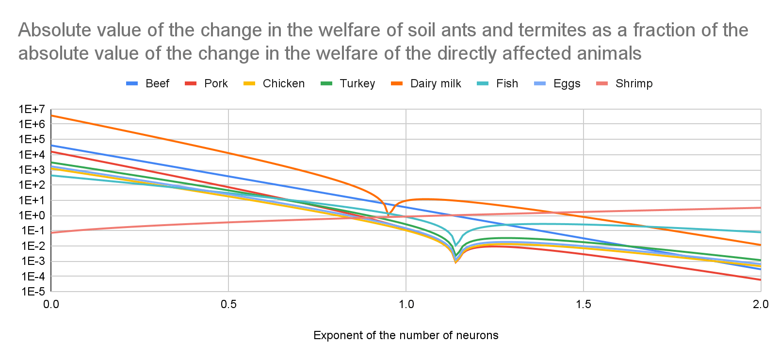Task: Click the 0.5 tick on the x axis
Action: coord(228,304)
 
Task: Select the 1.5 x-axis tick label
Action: coord(584,304)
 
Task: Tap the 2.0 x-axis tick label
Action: coord(761,304)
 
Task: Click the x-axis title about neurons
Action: coord(406,335)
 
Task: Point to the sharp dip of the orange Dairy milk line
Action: coord(388,214)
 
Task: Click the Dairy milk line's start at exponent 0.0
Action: coord(51,115)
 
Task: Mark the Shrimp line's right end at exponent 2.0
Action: coord(760,208)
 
